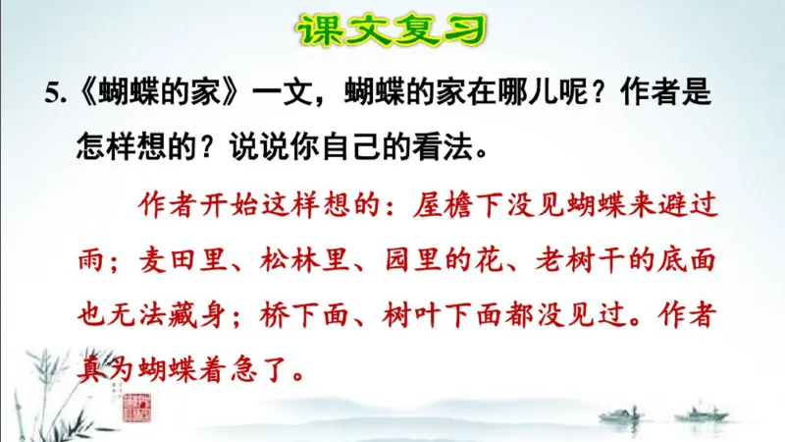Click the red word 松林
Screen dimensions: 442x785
pos(291,260)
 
